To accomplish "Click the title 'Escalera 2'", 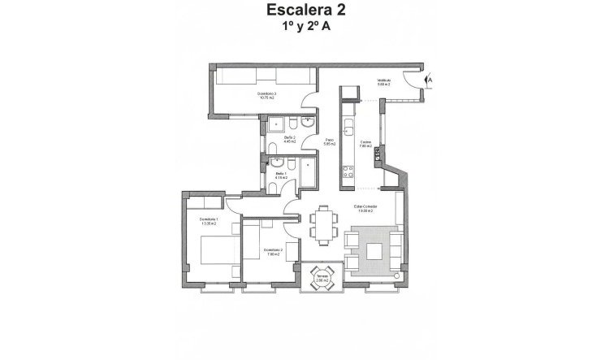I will tap(306, 11).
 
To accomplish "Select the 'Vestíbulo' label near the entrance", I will tap(384, 81).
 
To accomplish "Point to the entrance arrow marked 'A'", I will tap(430, 80).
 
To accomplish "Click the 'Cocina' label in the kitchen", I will tap(366, 143).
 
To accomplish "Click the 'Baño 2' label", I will tap(290, 139).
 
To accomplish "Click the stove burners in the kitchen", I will tap(348, 171).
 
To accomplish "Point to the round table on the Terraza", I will tap(322, 275).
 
